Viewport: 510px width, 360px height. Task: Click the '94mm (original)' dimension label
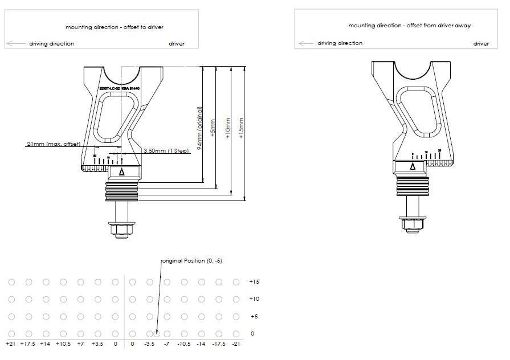click(x=200, y=128)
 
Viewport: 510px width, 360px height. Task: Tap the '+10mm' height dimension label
click(x=227, y=128)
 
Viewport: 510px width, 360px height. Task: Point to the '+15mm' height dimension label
click(x=242, y=128)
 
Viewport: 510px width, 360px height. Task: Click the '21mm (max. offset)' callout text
click(x=53, y=144)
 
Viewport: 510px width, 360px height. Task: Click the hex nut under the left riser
click(x=121, y=230)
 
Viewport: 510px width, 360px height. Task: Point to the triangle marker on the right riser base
click(x=412, y=166)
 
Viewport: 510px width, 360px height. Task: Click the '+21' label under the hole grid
click(x=10, y=343)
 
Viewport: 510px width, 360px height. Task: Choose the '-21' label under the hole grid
click(x=236, y=343)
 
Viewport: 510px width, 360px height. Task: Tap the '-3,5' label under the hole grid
click(x=149, y=343)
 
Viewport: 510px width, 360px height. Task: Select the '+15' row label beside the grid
click(x=254, y=282)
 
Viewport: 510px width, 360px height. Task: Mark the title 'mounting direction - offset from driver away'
click(x=409, y=26)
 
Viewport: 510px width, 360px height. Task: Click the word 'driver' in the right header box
click(x=481, y=43)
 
